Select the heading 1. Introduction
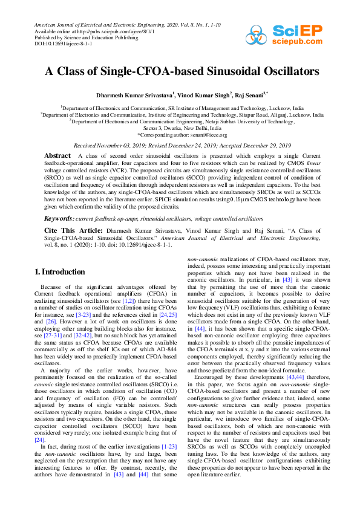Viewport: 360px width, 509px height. click(59, 272)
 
